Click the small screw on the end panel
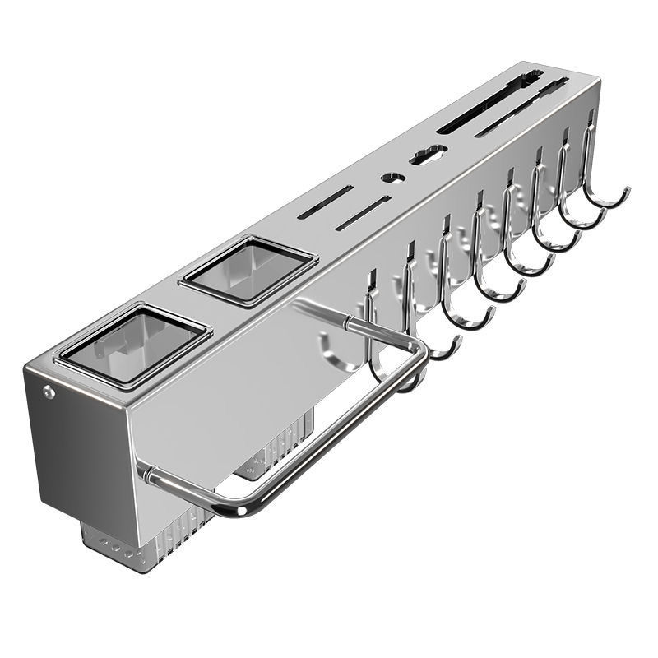pyautogui.click(x=50, y=392)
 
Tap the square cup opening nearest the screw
pyautogui.click(x=131, y=344)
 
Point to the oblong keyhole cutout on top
pyautogui.click(x=429, y=153)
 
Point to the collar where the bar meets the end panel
pyautogui.click(x=146, y=474)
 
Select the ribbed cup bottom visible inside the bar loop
pyautogui.click(x=276, y=448)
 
